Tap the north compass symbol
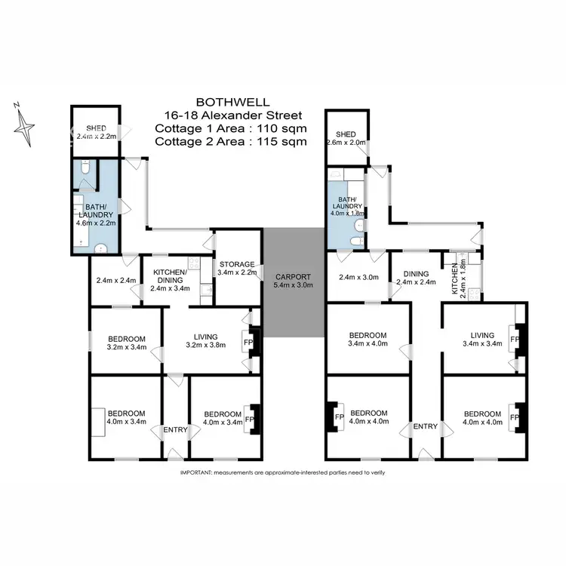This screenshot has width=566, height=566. (25, 122)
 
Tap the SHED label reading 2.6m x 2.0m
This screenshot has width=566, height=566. (346, 137)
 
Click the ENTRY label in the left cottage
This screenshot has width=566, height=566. (175, 429)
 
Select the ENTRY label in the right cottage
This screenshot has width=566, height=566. (425, 426)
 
